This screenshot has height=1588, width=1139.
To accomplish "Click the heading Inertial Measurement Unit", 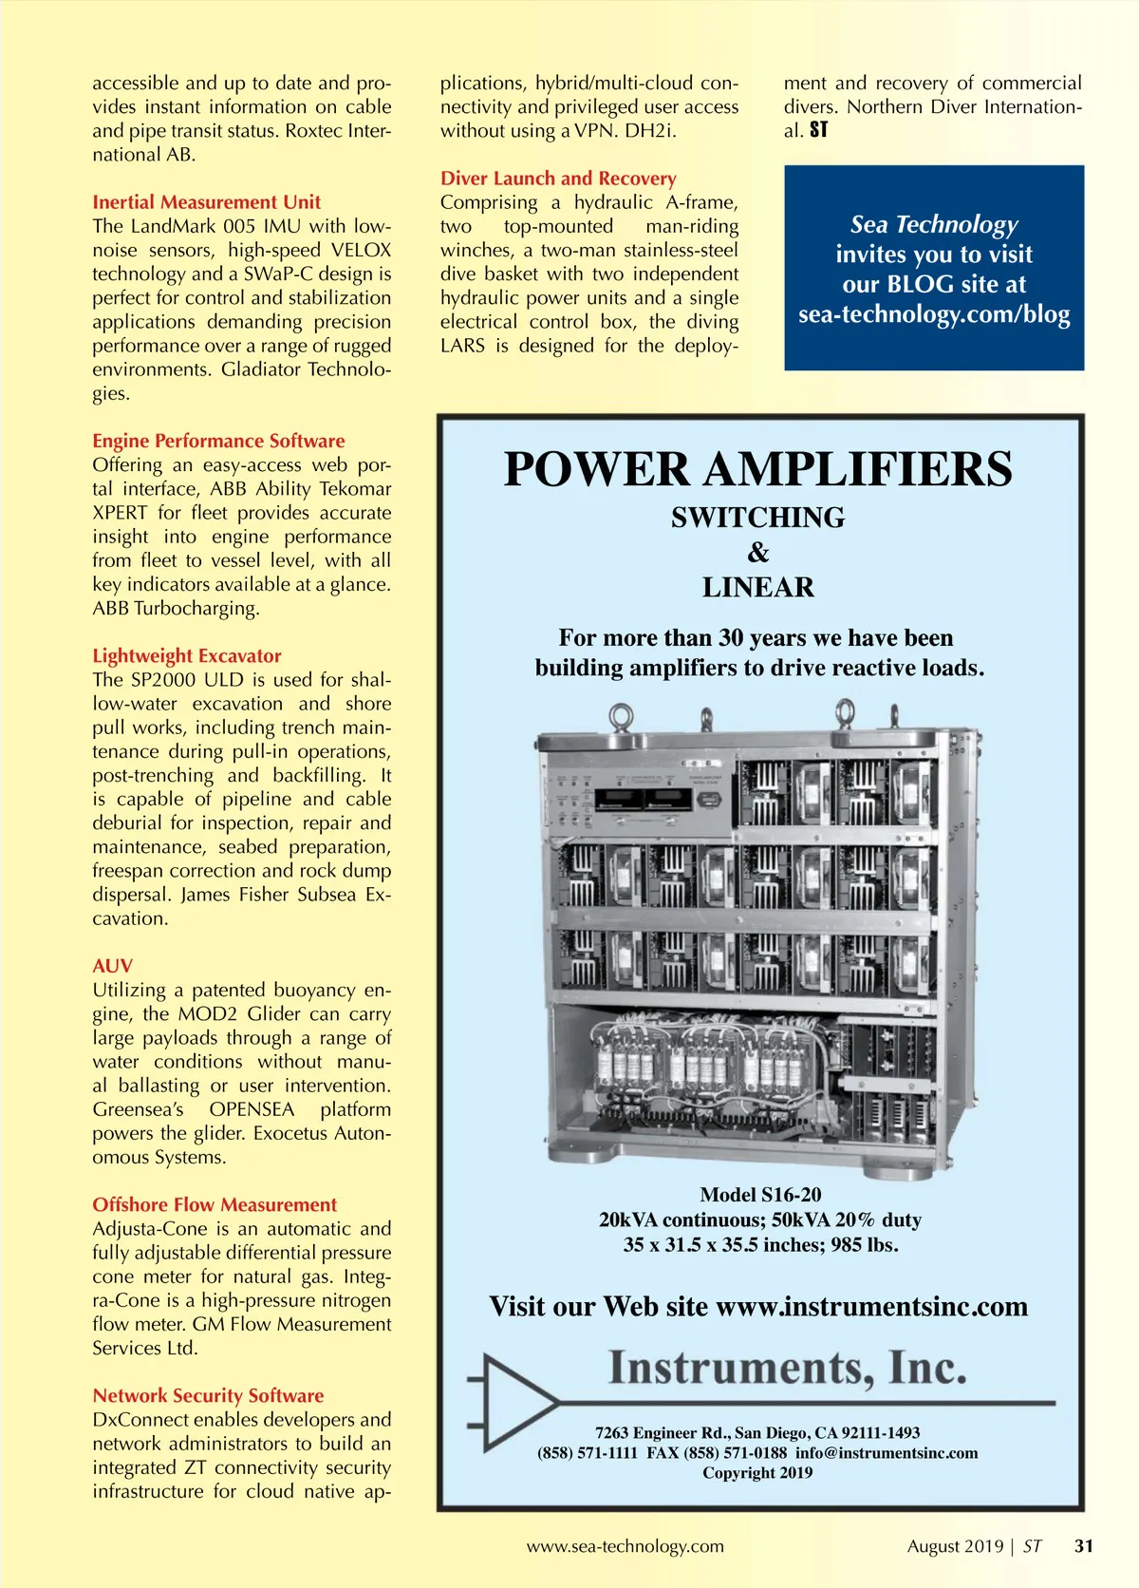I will tap(206, 202).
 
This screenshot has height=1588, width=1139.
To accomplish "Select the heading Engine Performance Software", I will tap(218, 441).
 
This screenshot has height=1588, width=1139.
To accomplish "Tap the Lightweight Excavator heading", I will tap(186, 655).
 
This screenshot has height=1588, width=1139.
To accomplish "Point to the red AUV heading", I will tap(112, 966).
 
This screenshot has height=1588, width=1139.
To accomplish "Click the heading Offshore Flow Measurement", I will tap(215, 1204).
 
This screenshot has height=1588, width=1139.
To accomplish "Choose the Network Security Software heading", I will tap(208, 1395).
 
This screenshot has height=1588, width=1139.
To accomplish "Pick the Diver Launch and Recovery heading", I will tap(558, 179).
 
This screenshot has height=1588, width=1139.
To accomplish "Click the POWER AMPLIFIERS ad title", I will tap(757, 469).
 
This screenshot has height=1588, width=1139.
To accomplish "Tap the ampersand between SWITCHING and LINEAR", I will tap(757, 553).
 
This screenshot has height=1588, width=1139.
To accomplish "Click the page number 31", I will tap(1083, 1546).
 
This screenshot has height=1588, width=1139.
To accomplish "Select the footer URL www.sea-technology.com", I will tap(625, 1546).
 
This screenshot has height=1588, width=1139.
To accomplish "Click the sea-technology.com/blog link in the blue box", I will tap(934, 314).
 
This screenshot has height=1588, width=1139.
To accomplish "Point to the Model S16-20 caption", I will tap(760, 1195).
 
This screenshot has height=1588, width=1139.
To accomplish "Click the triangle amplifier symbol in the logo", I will tap(518, 1402).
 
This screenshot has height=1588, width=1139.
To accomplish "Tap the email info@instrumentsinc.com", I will tap(887, 1453).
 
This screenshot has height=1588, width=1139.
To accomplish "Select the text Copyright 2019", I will tap(757, 1473).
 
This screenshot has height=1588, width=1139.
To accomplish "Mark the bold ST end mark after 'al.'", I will tap(819, 130).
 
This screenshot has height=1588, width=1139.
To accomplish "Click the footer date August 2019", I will tap(955, 1546).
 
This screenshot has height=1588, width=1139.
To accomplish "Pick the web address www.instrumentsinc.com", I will tap(871, 1307).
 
